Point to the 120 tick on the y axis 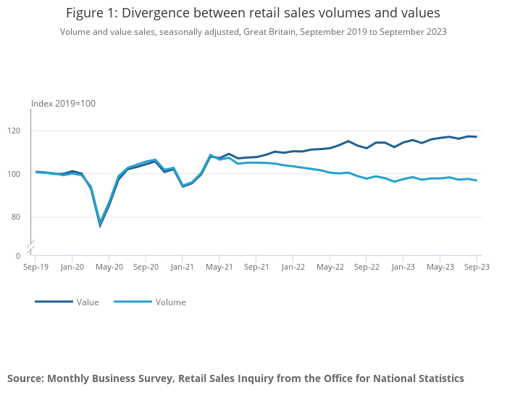tap(20, 131)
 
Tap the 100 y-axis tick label tap(20, 174)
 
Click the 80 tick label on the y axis tap(22, 217)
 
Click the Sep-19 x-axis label tap(35, 267)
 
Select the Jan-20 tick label tap(72, 267)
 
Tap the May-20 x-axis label tap(109, 267)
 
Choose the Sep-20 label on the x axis tap(146, 267)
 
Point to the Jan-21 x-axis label tap(183, 267)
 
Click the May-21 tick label tap(219, 267)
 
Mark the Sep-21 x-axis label tap(256, 267)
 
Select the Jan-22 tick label tap(293, 267)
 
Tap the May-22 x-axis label tap(330, 267)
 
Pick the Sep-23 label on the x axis tap(476, 267)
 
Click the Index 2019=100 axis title tap(63, 104)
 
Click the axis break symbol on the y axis tap(31, 246)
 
